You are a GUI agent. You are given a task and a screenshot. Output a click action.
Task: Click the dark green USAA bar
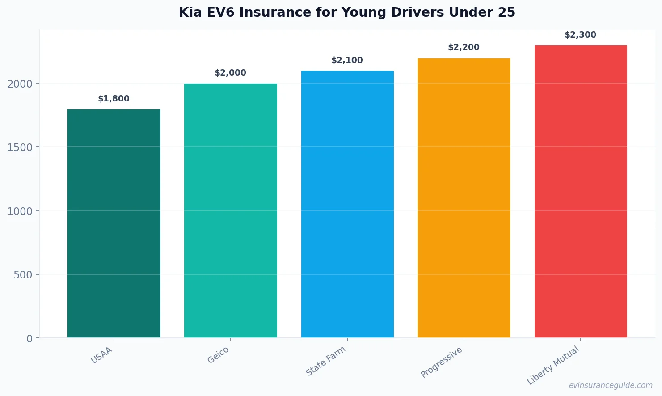pos(114,223)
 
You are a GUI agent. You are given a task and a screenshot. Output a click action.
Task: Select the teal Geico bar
pos(230,211)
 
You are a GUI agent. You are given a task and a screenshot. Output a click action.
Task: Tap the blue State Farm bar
pos(347,204)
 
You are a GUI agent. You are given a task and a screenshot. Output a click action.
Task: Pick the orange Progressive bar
pos(464,198)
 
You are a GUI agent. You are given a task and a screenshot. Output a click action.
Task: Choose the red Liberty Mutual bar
pos(581,191)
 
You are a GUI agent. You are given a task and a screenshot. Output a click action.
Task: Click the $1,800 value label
pos(114,99)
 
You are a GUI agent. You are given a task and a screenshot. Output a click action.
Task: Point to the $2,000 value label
pos(230,73)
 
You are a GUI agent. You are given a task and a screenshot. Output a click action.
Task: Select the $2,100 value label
pos(347,60)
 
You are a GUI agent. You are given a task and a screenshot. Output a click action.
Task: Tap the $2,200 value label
pos(464,47)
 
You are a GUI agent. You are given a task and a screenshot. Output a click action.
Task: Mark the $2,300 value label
pos(580,35)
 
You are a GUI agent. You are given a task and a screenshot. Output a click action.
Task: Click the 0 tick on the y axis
pos(30,339)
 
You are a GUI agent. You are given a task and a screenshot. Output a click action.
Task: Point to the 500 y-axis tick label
pos(23,275)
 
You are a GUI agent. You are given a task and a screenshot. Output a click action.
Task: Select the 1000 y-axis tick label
pos(20,211)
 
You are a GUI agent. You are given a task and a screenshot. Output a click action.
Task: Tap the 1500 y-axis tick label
pos(20,147)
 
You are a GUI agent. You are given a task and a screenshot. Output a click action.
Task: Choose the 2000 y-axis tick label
pos(20,84)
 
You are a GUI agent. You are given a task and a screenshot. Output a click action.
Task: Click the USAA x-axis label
pos(102,355)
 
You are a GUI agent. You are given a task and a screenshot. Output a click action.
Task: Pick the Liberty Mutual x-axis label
pos(553,365)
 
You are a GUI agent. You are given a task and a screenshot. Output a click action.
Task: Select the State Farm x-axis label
pos(326,361)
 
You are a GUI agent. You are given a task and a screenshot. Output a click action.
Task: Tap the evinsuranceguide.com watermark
pos(611,385)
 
